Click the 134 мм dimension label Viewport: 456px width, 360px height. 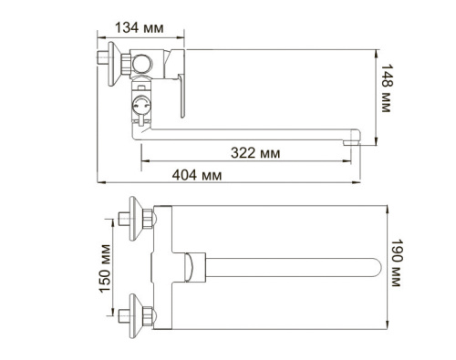click(141, 27)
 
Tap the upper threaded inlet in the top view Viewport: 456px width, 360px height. click(123, 221)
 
